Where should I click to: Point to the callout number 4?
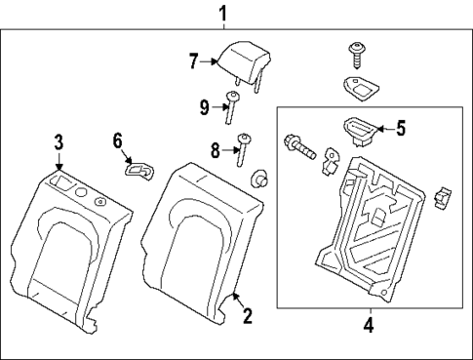point(368,325)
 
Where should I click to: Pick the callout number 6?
point(117,142)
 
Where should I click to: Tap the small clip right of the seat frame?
point(444,197)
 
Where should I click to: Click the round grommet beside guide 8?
point(261,180)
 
